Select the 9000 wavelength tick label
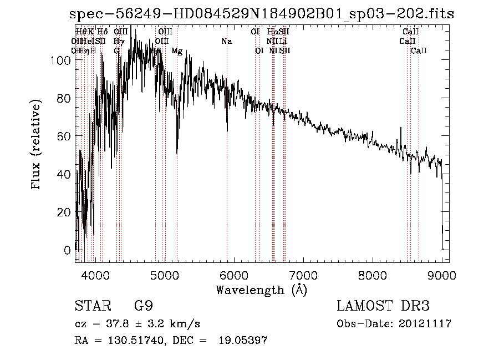pyautogui.click(x=442, y=274)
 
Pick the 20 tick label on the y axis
pyautogui.click(x=66, y=212)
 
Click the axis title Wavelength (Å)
pyautogui.click(x=261, y=290)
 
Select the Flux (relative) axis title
pyautogui.click(x=37, y=146)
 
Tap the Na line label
pyautogui.click(x=226, y=41)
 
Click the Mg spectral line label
pyautogui.click(x=177, y=51)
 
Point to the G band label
pyautogui.click(x=116, y=51)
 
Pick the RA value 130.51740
pyautogui.click(x=135, y=341)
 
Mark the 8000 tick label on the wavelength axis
pyautogui.click(x=373, y=274)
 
